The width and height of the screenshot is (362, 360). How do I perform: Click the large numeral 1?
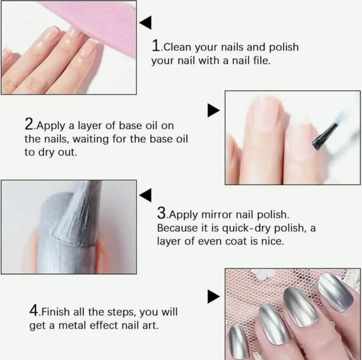pos(156,45)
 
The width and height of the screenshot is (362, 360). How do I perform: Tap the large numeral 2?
pos(29,124)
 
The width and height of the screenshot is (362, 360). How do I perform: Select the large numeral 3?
pos(162,213)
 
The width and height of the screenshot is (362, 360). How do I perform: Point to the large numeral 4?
pos(34,311)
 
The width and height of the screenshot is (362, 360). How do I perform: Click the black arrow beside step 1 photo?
pos(145,23)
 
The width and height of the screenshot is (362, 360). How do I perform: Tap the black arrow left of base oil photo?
pos(214,110)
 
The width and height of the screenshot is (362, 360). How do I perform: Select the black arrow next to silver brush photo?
pos(145,195)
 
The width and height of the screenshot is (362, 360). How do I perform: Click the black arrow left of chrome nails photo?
pos(214,297)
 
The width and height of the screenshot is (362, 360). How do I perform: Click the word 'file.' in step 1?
pos(262,60)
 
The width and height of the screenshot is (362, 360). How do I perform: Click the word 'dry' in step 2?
pos(45,153)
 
